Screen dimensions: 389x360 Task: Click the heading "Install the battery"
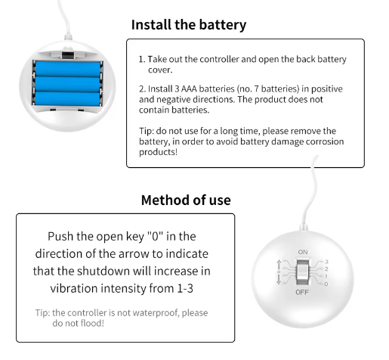pos(189,25)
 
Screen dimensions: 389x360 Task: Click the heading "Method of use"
pos(186,200)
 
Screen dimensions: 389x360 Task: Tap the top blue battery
pos(67,69)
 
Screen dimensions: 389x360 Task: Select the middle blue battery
pos(67,84)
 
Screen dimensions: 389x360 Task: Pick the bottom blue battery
pos(67,98)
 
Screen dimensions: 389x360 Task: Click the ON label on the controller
pos(303,252)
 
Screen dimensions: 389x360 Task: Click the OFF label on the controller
pos(302,292)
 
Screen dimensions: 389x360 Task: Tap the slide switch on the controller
pos(303,272)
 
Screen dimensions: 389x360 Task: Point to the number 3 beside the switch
pos(326,262)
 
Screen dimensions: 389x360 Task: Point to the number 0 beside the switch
pos(326,284)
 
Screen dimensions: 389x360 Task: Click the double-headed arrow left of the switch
pos(279,272)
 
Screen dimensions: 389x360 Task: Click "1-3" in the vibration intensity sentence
pos(185,288)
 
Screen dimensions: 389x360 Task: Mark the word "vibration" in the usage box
pos(74,288)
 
